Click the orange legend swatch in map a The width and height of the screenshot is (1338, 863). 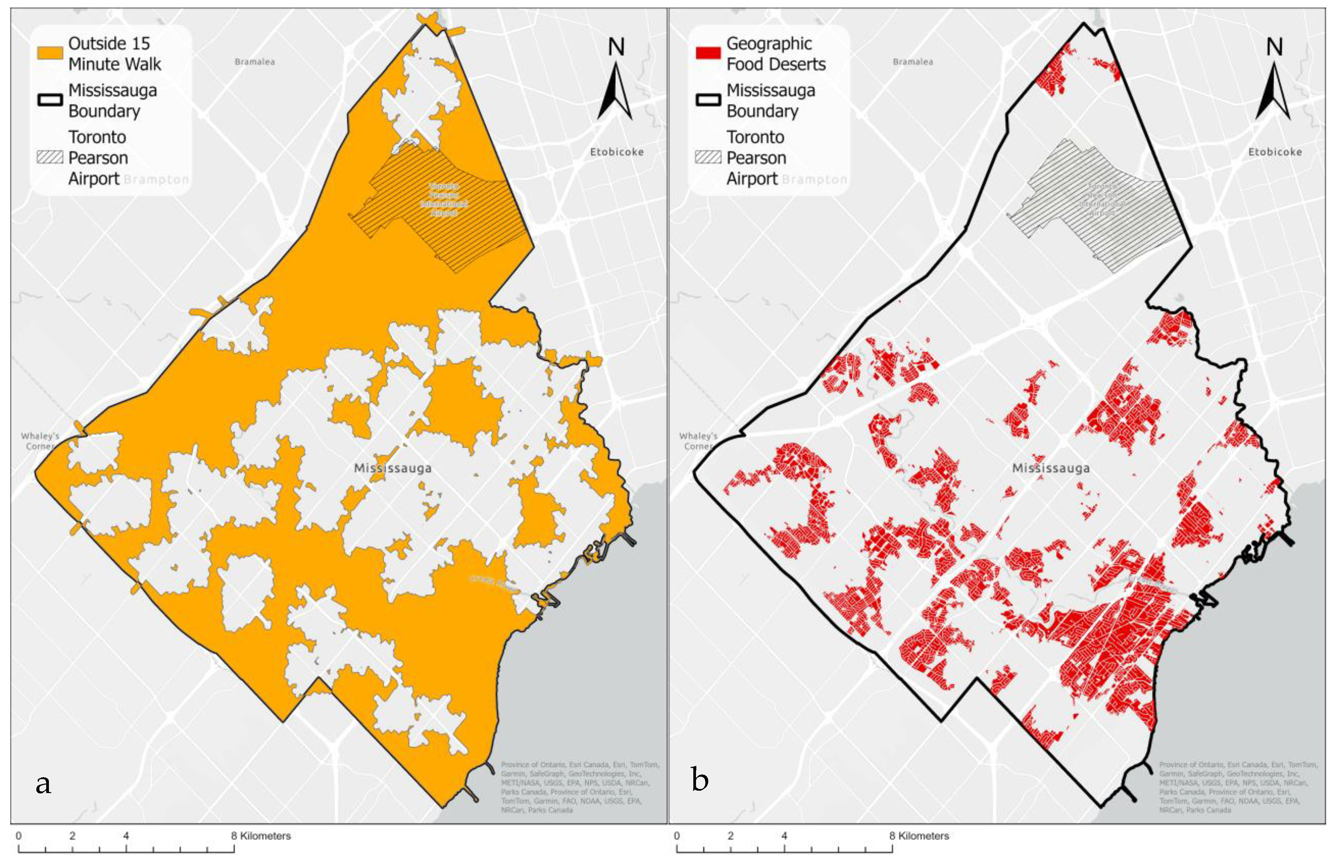[x=50, y=53]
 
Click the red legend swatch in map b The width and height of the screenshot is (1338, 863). [x=708, y=53]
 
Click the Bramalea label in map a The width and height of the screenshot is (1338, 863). [x=255, y=62]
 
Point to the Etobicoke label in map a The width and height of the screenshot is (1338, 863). [x=617, y=152]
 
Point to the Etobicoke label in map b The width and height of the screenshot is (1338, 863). [x=1275, y=152]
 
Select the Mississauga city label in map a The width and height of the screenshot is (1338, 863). [x=392, y=468]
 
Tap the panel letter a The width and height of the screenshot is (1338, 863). [x=43, y=783]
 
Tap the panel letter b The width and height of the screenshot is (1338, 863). [x=700, y=780]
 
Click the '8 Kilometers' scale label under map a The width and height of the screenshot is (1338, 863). [x=261, y=836]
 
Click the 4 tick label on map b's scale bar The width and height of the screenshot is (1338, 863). [x=784, y=836]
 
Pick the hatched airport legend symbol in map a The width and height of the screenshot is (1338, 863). [x=50, y=157]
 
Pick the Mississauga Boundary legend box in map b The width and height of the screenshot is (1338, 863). [x=708, y=100]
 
